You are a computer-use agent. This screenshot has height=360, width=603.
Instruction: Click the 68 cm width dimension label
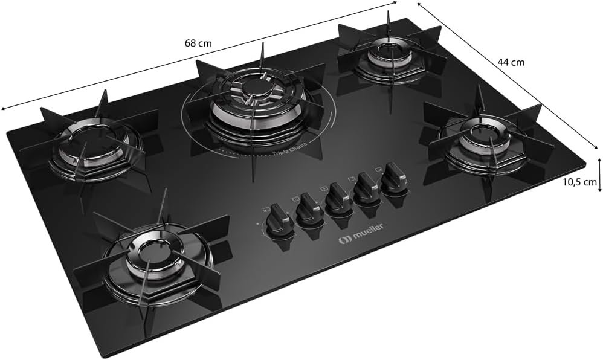[x=198, y=43]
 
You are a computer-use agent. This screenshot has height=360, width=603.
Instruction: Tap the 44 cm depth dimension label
[x=511, y=62]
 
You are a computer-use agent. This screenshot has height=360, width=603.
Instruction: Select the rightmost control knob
[x=394, y=175]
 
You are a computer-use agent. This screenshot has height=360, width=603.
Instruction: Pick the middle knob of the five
[x=337, y=198]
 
